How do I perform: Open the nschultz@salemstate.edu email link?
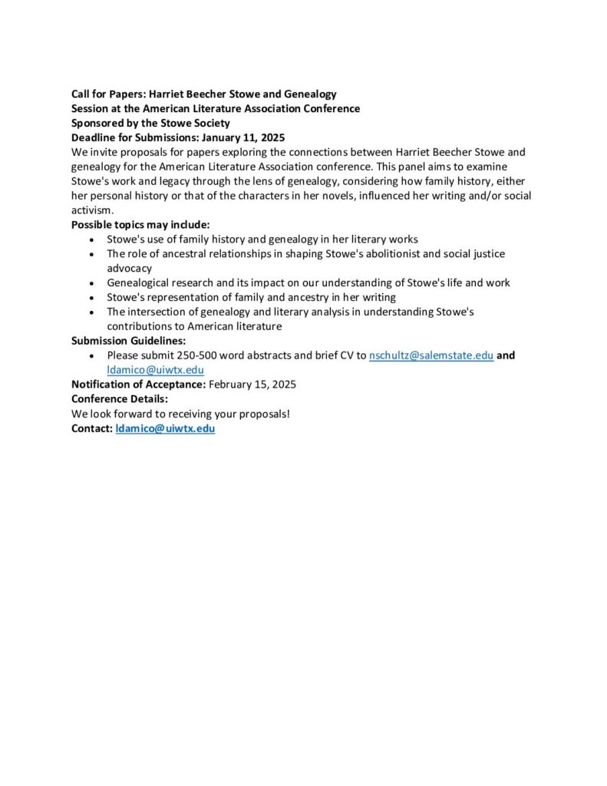pyautogui.click(x=431, y=355)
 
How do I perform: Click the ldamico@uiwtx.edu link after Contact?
pyautogui.click(x=165, y=428)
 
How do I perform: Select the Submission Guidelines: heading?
pyautogui.click(x=129, y=341)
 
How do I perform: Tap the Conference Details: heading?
pyautogui.click(x=120, y=399)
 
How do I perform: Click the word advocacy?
pyautogui.click(x=130, y=269)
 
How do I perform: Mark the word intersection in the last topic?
pyautogui.click(x=160, y=312)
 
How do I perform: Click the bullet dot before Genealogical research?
pyautogui.click(x=92, y=283)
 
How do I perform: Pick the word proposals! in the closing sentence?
pyautogui.click(x=263, y=414)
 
